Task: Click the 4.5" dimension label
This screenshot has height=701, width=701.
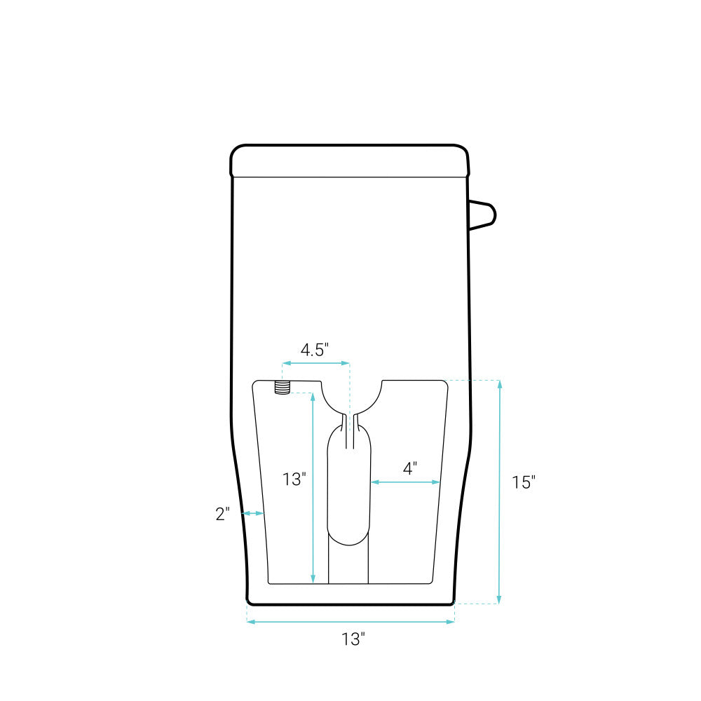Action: pyautogui.click(x=315, y=350)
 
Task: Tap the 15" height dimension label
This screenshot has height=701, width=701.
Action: pyautogui.click(x=524, y=482)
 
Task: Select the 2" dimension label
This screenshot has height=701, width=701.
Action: pyautogui.click(x=223, y=514)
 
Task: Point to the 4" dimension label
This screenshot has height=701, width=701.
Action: pyautogui.click(x=410, y=468)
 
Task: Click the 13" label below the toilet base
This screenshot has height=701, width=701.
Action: pyautogui.click(x=353, y=639)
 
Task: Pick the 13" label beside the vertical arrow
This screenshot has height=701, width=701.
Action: pyautogui.click(x=294, y=479)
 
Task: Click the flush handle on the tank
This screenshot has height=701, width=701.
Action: pyautogui.click(x=482, y=215)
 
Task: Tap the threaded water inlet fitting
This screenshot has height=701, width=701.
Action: pyautogui.click(x=282, y=387)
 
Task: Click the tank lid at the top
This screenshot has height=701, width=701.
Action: pyautogui.click(x=350, y=161)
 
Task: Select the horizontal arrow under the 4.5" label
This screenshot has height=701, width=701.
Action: pyautogui.click(x=315, y=363)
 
